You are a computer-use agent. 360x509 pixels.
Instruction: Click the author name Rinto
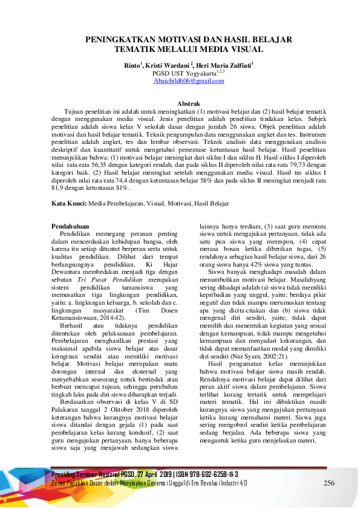click(x=130, y=65)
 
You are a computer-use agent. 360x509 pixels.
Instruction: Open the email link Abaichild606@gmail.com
click(x=180, y=80)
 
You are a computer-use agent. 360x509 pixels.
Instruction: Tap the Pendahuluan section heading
click(x=71, y=226)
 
